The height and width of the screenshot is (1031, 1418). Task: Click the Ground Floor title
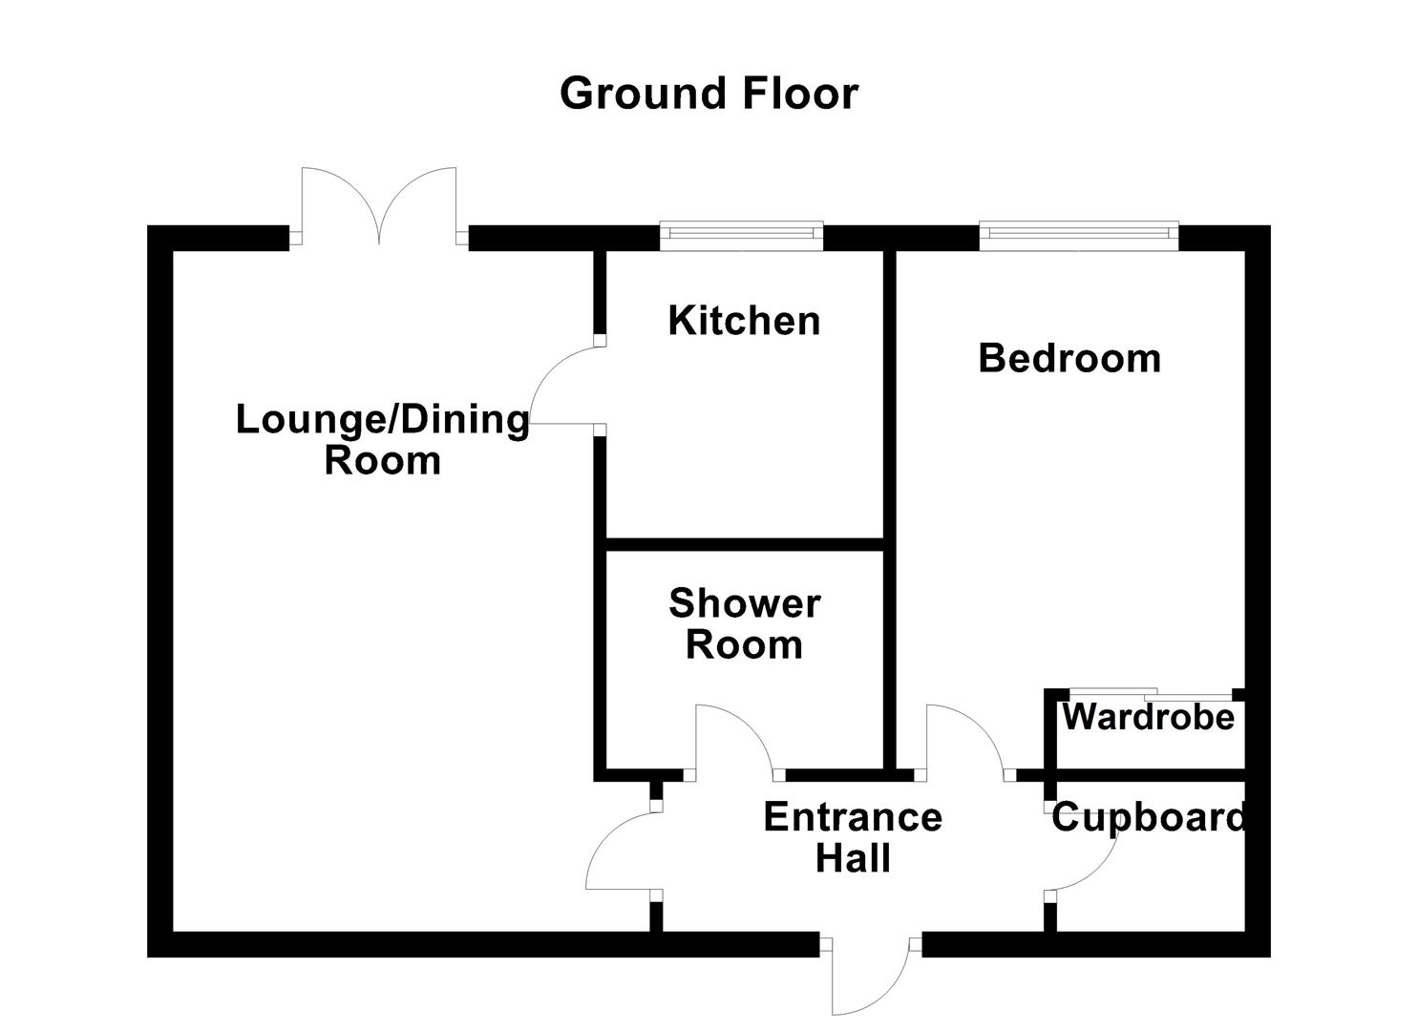tap(709, 94)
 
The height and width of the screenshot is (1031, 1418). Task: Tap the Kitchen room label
tap(744, 321)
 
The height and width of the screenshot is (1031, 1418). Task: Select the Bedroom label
tap(1069, 358)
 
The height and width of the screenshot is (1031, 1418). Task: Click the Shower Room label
tap(744, 624)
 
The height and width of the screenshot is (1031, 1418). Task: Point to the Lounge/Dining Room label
tap(382, 439)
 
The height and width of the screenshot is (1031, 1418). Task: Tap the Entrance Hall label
tap(853, 837)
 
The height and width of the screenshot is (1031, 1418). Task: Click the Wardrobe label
tap(1148, 716)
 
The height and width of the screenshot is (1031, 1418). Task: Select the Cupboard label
tap(1148, 818)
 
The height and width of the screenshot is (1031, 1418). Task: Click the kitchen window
tap(741, 235)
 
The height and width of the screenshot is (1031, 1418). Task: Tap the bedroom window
tap(1078, 235)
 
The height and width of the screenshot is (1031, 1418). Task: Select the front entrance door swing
tap(869, 978)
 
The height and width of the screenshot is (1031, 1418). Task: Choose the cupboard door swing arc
tap(1085, 854)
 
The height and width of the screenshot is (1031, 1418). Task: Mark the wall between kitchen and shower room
tap(745, 545)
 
